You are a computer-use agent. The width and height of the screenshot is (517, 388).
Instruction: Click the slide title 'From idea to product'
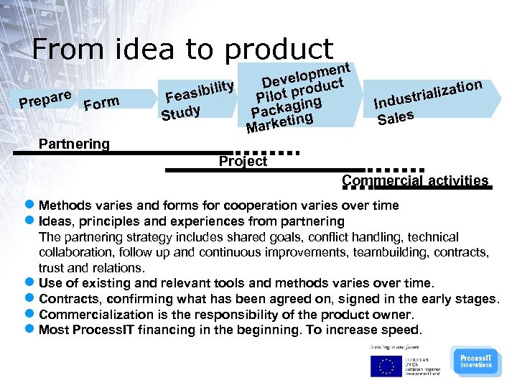point(182,49)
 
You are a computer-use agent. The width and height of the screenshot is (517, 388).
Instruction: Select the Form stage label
point(101,104)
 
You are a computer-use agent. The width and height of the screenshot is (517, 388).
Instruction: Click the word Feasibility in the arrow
point(199,91)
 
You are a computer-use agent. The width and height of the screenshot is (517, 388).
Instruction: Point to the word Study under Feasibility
point(180,113)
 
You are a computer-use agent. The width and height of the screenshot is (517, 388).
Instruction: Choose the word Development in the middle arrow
point(305,75)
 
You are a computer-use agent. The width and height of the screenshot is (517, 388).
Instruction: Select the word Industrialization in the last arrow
point(427,96)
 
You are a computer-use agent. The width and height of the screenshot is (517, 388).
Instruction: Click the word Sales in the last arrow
point(395,116)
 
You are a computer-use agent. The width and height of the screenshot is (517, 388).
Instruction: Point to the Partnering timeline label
point(74,144)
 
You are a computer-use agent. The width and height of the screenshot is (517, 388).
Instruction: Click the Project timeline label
point(243,161)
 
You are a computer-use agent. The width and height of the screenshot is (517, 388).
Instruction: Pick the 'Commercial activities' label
point(415,180)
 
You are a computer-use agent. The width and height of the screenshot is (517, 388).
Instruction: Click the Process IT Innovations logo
point(475,361)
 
